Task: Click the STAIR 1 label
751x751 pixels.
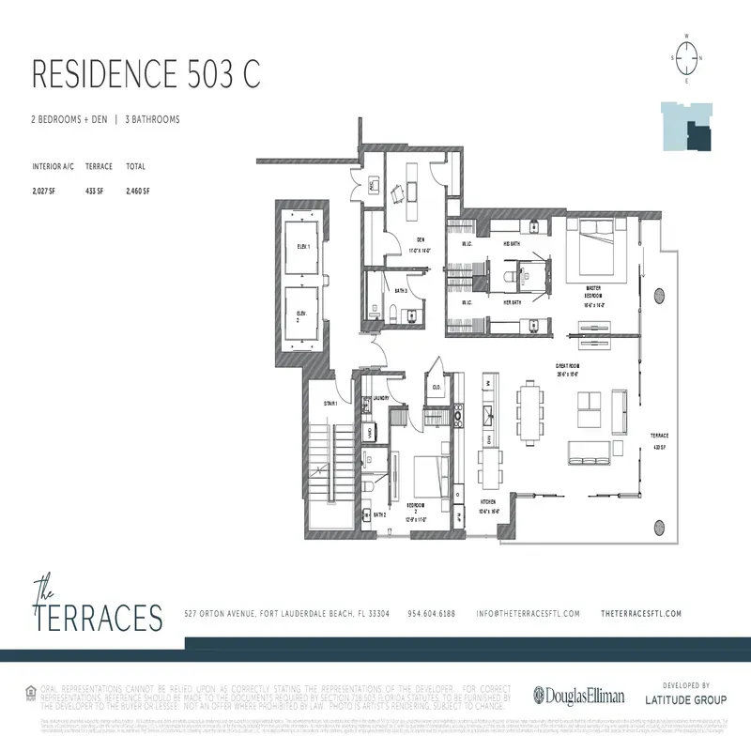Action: click(x=330, y=403)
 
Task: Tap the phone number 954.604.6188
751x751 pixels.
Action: click(x=431, y=613)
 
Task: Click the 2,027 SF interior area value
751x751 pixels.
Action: click(x=45, y=191)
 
